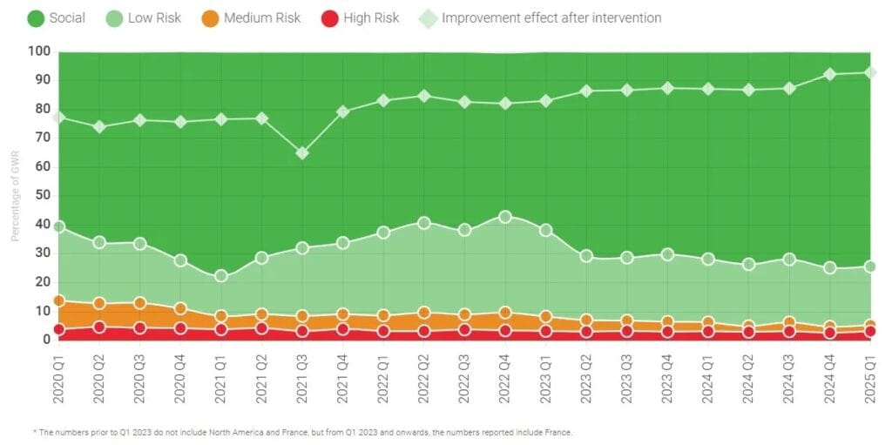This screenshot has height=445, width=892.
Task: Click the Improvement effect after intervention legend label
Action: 551,17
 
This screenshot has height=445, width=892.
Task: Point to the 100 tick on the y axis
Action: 39,51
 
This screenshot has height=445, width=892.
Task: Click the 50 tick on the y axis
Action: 42,195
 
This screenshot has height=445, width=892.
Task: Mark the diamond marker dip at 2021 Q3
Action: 301,153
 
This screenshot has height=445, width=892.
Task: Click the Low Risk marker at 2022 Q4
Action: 504,217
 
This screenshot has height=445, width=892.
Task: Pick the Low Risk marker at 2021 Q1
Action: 220,276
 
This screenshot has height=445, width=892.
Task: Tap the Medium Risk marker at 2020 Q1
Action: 59,301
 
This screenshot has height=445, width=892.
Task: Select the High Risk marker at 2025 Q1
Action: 869,332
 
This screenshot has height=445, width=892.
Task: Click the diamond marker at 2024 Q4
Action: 829,74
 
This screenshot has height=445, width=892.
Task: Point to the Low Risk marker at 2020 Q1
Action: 59,227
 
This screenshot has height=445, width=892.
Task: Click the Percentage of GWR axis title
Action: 15,196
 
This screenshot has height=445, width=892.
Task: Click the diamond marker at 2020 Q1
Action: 59,117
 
